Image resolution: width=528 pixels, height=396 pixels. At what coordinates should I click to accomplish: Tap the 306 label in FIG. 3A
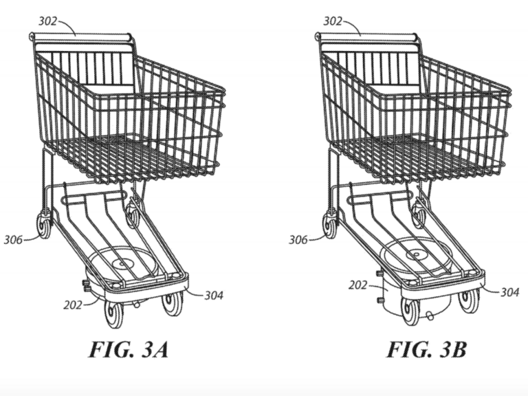[x=12, y=240]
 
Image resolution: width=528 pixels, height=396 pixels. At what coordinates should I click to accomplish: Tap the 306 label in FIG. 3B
[x=298, y=240]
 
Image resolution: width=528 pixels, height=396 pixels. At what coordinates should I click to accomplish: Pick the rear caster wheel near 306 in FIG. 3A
[x=45, y=225]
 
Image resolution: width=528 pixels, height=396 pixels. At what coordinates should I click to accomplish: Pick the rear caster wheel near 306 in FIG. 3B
[x=331, y=225]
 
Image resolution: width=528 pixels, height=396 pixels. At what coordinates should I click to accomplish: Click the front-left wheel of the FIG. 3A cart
[x=113, y=313]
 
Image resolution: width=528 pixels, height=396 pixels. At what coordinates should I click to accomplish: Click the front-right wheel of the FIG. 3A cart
[x=173, y=302]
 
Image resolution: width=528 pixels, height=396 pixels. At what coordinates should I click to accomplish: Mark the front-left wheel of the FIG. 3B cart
[x=410, y=311]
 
